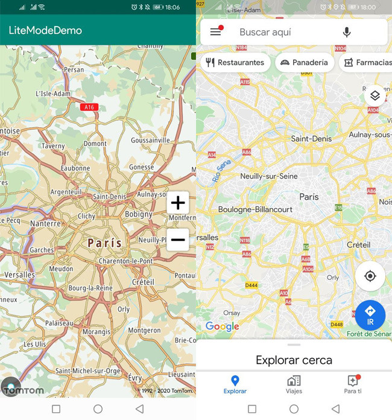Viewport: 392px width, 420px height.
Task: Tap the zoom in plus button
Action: point(178,203)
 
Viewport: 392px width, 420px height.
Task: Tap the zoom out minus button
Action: point(178,240)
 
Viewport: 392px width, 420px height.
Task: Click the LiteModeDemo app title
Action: point(45,30)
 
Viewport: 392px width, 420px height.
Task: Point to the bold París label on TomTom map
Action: point(104,243)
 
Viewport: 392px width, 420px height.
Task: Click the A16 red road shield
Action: point(89,107)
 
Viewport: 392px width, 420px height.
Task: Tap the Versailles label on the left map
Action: point(19,275)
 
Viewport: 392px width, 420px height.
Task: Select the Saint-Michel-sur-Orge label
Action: point(88,371)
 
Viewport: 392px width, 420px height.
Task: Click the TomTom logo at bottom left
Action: point(23,390)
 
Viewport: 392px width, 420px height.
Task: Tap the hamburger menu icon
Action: point(215,32)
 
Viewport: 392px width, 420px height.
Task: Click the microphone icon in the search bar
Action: point(347,32)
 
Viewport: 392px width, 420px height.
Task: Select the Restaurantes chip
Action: point(235,62)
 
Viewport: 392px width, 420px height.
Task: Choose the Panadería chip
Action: point(305,62)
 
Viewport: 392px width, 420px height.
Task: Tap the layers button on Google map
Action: point(375,95)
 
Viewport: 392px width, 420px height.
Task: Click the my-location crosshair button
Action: point(370,276)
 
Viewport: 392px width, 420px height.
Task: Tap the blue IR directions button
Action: point(370,315)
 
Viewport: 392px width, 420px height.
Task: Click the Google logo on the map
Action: point(222,326)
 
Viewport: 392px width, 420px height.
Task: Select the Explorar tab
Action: point(235,384)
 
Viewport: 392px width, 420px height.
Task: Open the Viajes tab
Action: point(294,384)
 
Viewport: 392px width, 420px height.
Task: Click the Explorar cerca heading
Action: point(294,360)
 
